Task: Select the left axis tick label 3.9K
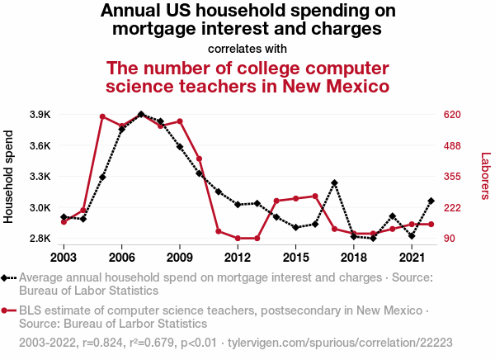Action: click(x=40, y=114)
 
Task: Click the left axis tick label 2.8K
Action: click(x=40, y=239)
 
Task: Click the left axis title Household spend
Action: click(x=10, y=176)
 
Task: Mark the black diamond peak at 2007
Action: click(x=141, y=115)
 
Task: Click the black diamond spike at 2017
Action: click(x=334, y=182)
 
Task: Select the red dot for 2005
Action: click(x=102, y=116)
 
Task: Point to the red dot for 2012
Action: click(x=238, y=239)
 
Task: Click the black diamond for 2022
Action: click(x=431, y=201)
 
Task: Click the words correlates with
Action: click(x=247, y=48)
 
